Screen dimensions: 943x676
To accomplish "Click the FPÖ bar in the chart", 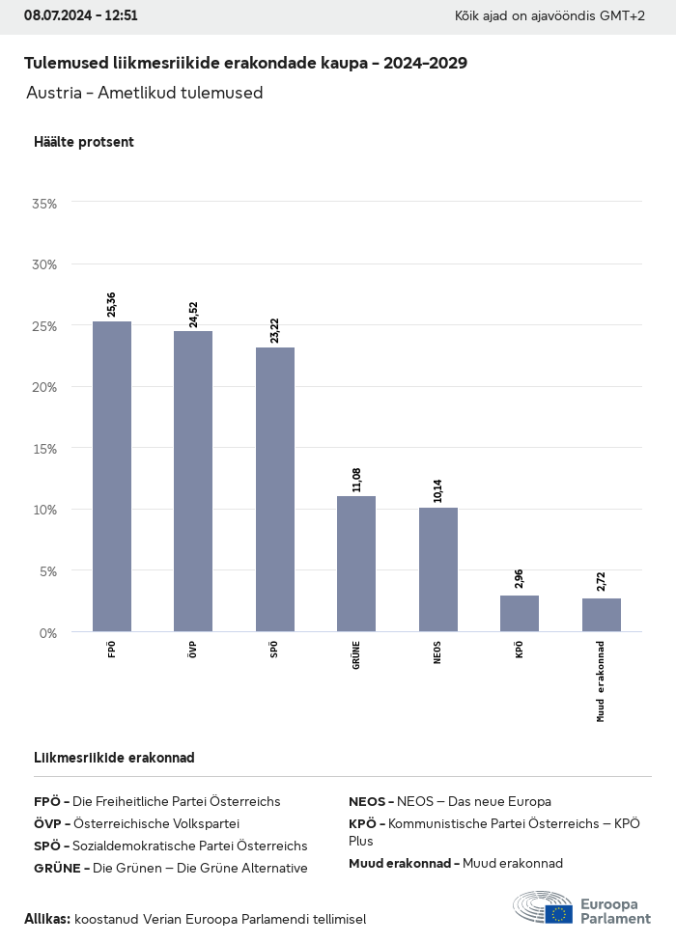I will (x=112, y=477).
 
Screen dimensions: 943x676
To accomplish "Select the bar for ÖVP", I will (x=193, y=482).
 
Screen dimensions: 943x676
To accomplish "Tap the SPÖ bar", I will (x=275, y=489).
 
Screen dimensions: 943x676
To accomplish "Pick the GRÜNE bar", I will (x=356, y=564).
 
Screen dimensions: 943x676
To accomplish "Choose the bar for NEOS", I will (x=438, y=569).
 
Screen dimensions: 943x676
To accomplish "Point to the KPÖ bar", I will (x=520, y=614).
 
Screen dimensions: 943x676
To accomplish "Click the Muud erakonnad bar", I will (x=602, y=615).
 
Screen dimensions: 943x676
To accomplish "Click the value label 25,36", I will (x=112, y=304).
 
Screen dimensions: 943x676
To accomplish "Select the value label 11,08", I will (x=356, y=479).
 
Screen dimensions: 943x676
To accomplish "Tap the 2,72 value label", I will (x=602, y=581).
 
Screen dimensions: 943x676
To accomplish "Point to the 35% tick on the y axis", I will (x=44, y=204).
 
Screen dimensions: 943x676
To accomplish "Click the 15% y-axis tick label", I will (x=44, y=449).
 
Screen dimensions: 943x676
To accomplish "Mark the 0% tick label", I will (x=48, y=632).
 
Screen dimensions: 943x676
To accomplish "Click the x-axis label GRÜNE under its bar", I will (x=356, y=655).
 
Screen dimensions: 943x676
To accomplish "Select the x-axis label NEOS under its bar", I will (x=438, y=653).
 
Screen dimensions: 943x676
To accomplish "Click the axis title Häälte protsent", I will (x=83, y=142).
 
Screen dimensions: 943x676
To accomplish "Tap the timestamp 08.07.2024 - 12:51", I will (x=81, y=16).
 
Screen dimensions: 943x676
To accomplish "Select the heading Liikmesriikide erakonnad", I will (x=114, y=758).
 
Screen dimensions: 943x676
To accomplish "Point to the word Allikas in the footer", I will (x=47, y=919).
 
